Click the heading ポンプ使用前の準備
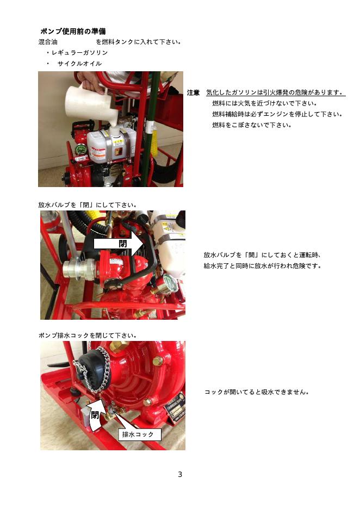coord(73,32)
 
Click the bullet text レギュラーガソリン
coord(79,53)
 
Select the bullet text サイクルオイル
coord(79,63)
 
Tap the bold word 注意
coord(193,93)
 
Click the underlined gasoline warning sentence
coord(275,92)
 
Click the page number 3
coord(180,474)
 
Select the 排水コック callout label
coord(138,434)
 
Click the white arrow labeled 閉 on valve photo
coord(119,244)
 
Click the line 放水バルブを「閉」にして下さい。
coord(88,205)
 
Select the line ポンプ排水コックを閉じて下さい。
coord(88,336)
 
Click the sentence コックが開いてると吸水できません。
coord(257,392)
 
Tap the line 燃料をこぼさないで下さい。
coord(252,125)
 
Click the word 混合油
coord(48,42)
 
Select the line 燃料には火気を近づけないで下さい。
coord(265,103)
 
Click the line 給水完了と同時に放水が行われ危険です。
coord(263,266)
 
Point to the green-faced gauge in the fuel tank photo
coord(80,150)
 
